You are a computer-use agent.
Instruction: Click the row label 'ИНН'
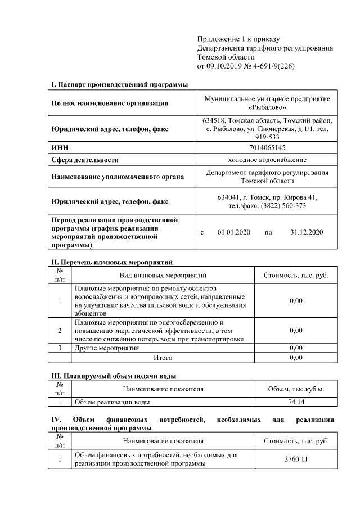pyautogui.click(x=60, y=147)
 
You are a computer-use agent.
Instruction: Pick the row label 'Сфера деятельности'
pyautogui.click(x=85, y=160)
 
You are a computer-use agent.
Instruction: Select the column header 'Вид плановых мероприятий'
pyautogui.click(x=163, y=276)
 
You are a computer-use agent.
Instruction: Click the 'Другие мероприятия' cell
pyautogui.click(x=107, y=348)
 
